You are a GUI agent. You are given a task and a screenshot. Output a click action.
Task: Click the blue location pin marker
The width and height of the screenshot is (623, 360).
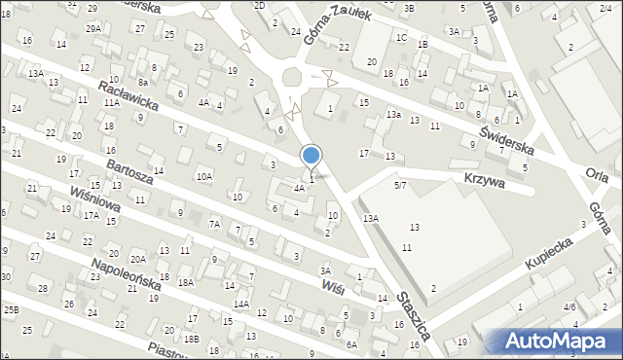[x=311, y=156]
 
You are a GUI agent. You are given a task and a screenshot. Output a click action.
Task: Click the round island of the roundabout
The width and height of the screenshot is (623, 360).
[x=292, y=78]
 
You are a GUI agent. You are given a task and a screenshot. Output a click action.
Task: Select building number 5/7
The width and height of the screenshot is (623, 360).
[x=400, y=184]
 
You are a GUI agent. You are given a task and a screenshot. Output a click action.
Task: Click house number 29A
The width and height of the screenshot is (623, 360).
[x=92, y=29]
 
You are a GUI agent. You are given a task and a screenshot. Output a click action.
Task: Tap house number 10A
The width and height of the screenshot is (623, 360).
[x=203, y=177]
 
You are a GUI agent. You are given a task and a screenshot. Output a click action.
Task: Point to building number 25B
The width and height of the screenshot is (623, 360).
[x=11, y=309]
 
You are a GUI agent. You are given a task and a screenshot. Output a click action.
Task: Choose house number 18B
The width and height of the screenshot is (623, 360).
[x=191, y=339]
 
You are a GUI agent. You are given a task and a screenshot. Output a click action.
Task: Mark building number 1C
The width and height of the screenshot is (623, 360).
[x=401, y=37]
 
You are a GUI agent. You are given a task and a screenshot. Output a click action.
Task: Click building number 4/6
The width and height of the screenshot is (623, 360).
[x=569, y=306]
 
